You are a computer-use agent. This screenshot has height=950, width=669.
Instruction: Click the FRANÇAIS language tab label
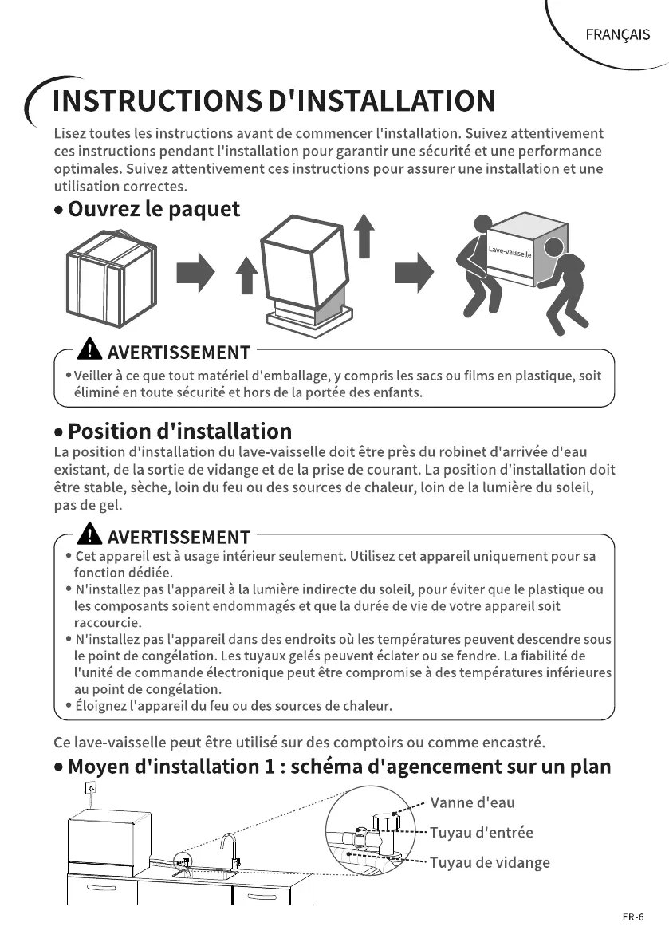617,34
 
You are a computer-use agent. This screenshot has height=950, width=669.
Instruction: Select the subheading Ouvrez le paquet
153,210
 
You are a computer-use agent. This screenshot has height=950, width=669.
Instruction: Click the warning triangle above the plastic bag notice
91,351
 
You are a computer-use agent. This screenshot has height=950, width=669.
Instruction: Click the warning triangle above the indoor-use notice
91,535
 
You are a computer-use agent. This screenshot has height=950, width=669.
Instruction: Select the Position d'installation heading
179,432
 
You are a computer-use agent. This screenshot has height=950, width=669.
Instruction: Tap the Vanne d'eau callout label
472,802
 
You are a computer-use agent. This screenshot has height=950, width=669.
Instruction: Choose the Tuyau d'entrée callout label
482,833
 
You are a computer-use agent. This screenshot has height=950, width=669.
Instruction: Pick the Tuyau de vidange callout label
490,862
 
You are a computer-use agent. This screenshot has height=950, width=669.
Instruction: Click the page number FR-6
633,916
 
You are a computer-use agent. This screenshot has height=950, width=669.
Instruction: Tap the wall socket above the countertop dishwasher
90,789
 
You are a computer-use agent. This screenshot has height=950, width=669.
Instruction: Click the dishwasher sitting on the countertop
107,837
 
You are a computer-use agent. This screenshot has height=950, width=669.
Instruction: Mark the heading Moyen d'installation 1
339,767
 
